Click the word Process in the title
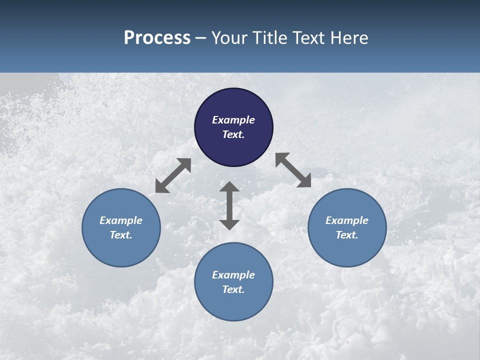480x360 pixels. pyautogui.click(x=157, y=38)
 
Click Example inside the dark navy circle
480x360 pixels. pyautogui.click(x=233, y=120)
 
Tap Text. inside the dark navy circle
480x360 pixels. pyautogui.click(x=233, y=134)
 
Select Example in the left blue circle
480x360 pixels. pyautogui.click(x=121, y=220)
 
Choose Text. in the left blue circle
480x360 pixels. pyautogui.click(x=121, y=235)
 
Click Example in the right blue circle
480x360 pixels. pyautogui.click(x=347, y=220)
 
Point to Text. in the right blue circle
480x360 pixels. pyautogui.click(x=347, y=235)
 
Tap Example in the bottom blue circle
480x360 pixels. pyautogui.click(x=233, y=275)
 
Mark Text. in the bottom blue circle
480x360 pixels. pyautogui.click(x=233, y=289)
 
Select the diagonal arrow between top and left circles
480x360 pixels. pyautogui.click(x=173, y=175)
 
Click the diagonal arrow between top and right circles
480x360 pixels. pyautogui.click(x=293, y=170)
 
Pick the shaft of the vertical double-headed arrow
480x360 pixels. pyautogui.click(x=229, y=205)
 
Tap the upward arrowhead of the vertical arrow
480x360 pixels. pyautogui.click(x=229, y=187)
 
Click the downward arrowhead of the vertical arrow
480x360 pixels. pyautogui.click(x=229, y=224)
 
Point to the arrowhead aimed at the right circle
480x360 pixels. pyautogui.click(x=304, y=181)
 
